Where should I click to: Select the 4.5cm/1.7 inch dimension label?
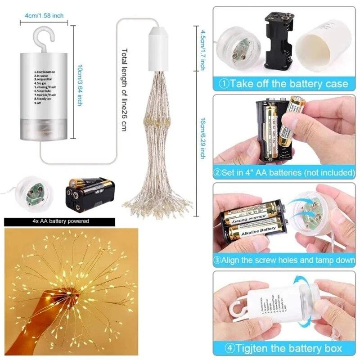(x=203, y=48)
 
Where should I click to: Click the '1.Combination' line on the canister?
(x=45, y=72)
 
